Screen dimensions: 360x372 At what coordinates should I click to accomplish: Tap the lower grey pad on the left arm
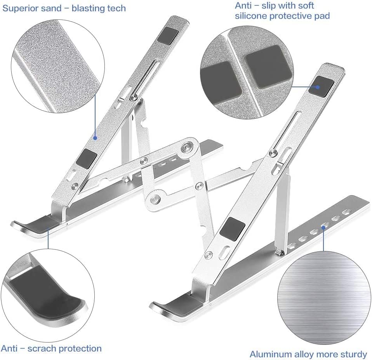point(86,159)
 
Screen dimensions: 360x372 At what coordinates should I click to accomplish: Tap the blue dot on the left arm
point(95,137)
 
